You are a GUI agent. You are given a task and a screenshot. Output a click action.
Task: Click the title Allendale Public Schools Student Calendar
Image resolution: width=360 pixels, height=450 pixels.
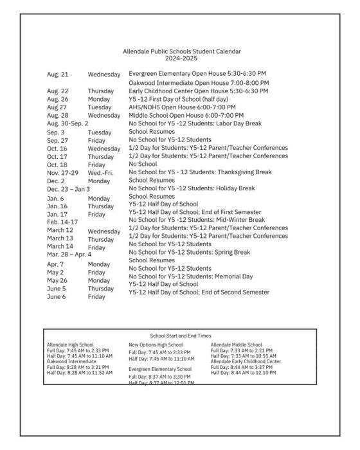click(182, 51)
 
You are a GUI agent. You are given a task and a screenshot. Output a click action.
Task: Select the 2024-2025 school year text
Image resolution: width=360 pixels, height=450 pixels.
click(182, 58)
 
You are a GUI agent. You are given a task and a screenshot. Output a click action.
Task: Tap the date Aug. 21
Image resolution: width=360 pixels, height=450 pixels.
click(57, 75)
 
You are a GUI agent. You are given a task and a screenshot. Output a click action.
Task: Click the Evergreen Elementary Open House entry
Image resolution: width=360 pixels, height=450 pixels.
click(197, 75)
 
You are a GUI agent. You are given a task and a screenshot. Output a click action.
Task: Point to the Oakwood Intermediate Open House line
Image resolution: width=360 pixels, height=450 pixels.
click(199, 84)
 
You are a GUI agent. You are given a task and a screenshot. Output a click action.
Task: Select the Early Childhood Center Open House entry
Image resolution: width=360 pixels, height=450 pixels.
click(199, 91)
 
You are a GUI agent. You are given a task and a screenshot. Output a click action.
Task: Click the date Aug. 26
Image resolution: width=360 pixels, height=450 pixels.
click(57, 100)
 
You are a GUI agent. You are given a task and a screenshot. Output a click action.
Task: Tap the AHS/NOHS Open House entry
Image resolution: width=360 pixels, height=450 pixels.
click(182, 107)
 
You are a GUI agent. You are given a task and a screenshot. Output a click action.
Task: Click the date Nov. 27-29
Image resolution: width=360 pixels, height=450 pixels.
click(62, 172)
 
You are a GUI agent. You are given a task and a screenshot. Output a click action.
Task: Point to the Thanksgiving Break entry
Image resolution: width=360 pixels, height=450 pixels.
click(200, 172)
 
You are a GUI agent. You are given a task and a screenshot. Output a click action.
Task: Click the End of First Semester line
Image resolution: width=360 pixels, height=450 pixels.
click(195, 212)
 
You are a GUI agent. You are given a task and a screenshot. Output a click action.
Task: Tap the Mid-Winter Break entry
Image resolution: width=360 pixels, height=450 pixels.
click(197, 220)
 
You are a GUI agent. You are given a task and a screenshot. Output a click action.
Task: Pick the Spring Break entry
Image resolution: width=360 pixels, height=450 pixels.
click(190, 253)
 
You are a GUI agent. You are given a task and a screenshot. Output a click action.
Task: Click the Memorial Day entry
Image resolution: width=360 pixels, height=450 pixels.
click(191, 276)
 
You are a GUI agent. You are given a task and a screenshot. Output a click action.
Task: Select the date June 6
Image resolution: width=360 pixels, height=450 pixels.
click(56, 296)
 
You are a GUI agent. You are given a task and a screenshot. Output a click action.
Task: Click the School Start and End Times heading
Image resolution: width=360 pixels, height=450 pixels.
click(180, 336)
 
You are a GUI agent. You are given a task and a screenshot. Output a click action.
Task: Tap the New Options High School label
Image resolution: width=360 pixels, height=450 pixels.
click(156, 345)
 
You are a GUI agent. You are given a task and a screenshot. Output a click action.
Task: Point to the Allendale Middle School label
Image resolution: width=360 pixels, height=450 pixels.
click(236, 345)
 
